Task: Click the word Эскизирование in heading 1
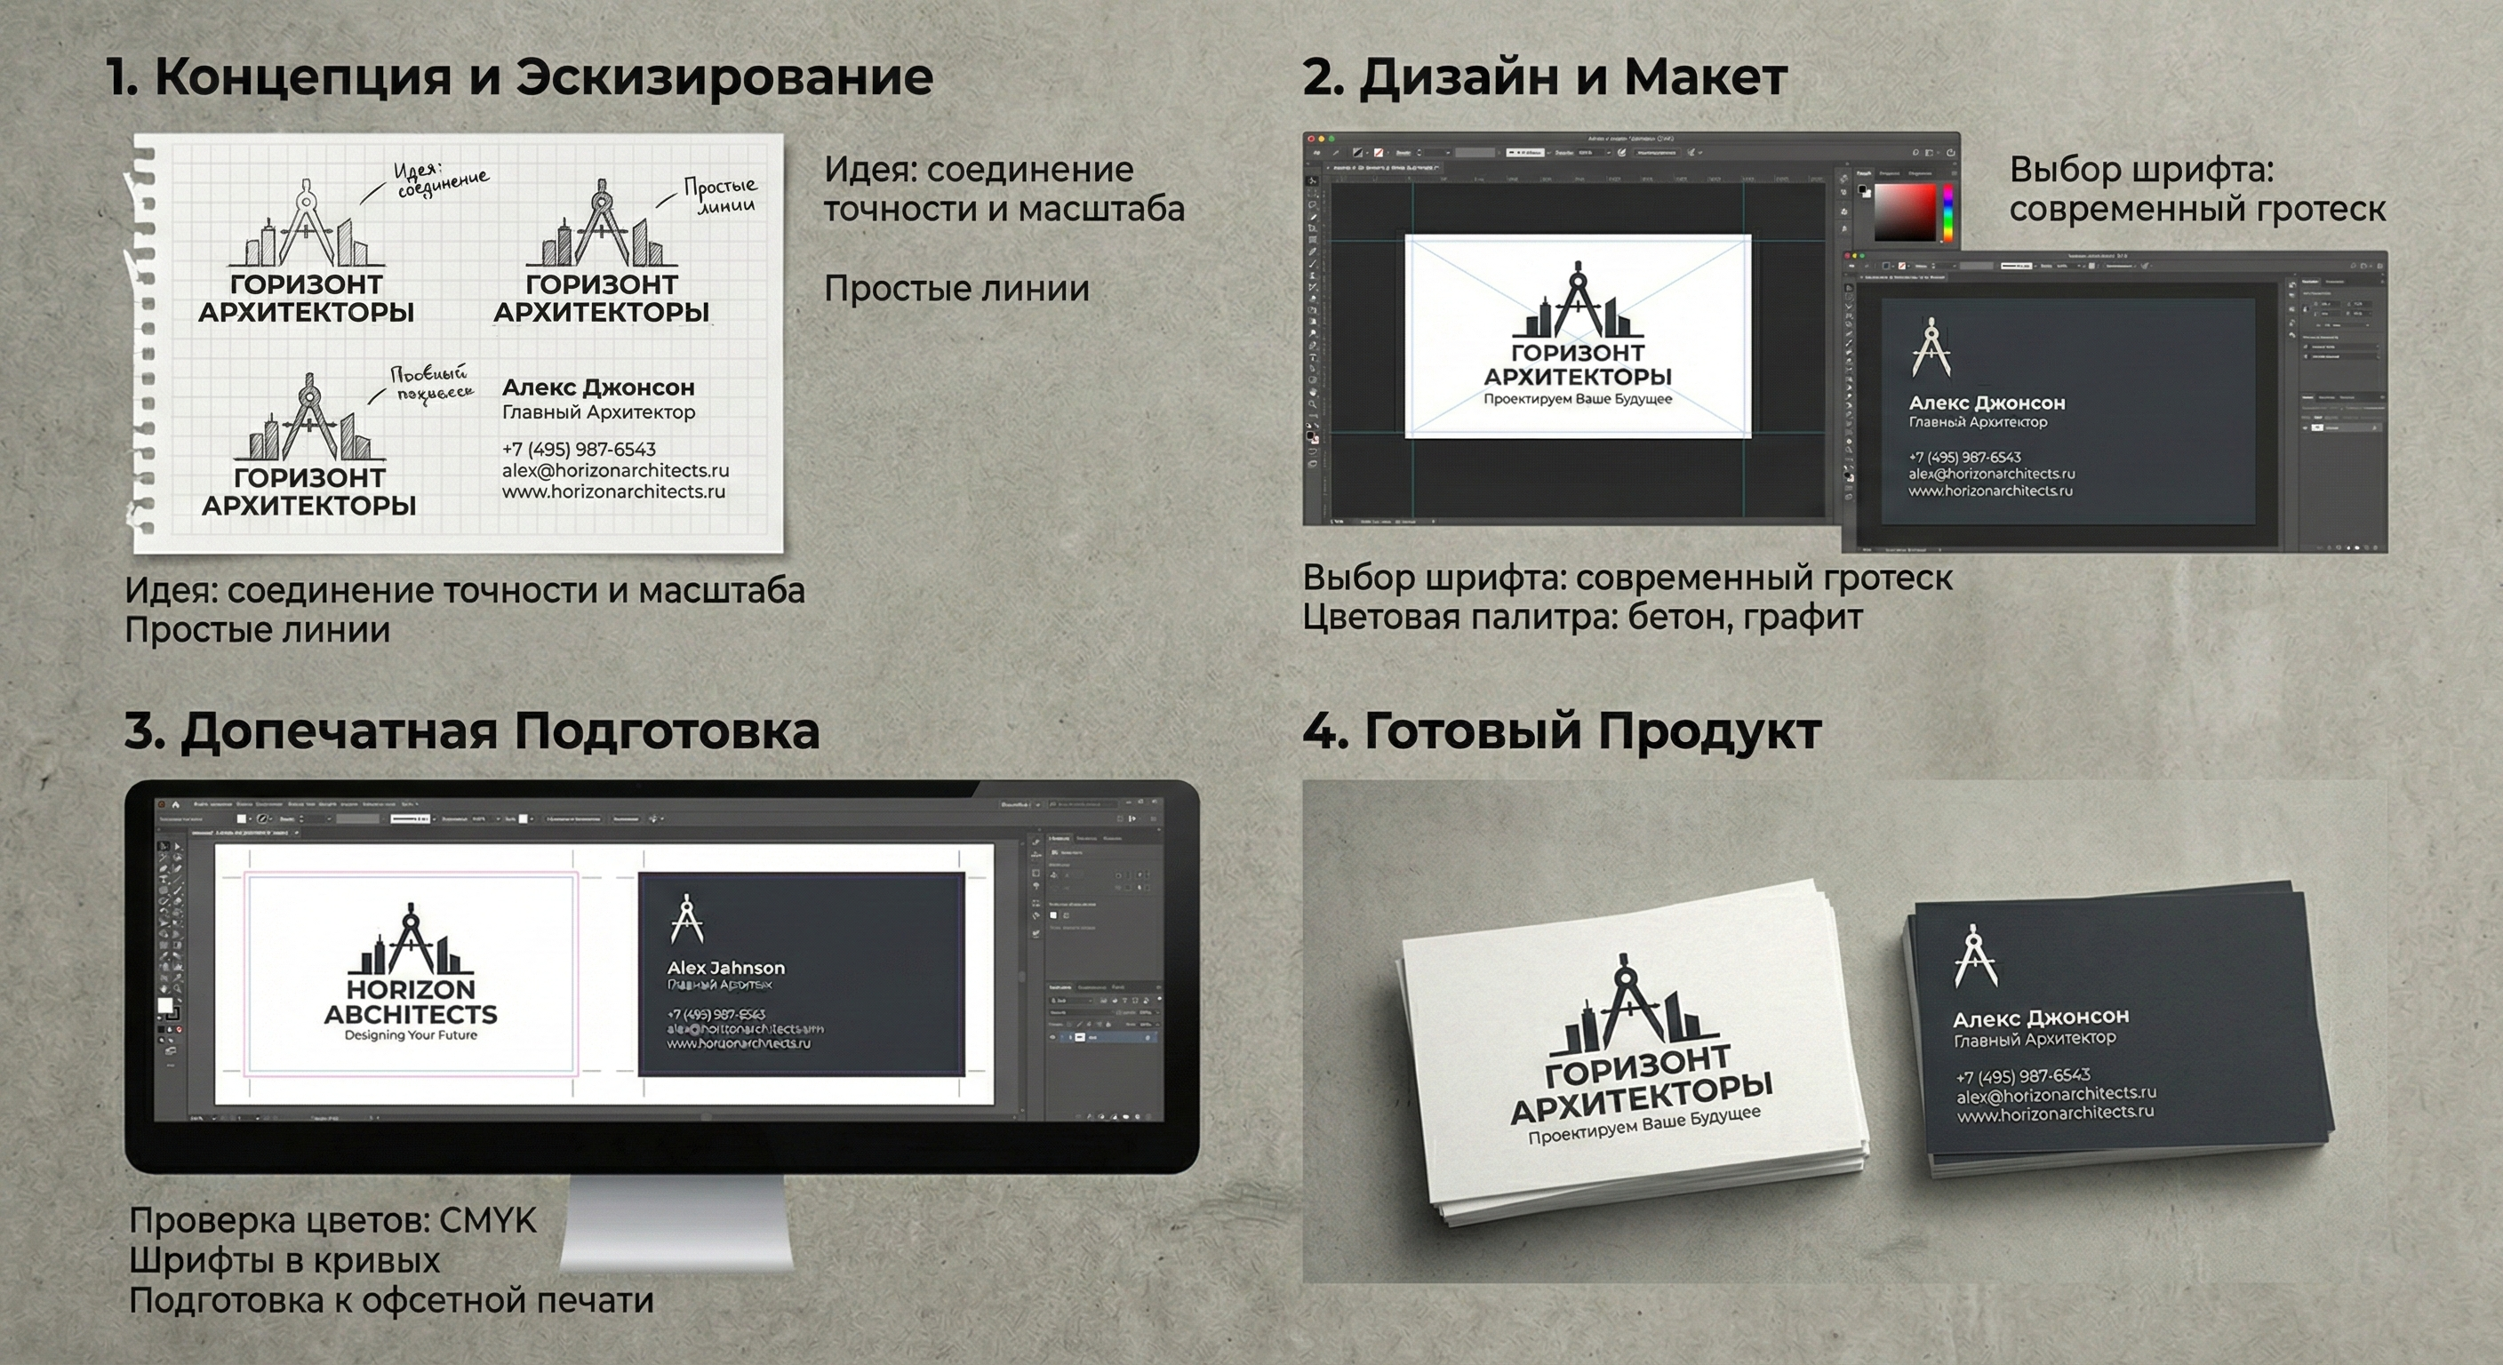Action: coord(723,77)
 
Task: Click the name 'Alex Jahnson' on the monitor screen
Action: coord(726,968)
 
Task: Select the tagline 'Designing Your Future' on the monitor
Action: coord(411,1035)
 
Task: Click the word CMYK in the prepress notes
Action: coord(488,1221)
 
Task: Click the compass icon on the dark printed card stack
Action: coord(1974,957)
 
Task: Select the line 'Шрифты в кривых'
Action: coord(284,1261)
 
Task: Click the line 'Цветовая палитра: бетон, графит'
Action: coord(1582,618)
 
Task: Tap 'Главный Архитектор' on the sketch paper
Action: coord(598,412)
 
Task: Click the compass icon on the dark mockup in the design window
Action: coord(1931,347)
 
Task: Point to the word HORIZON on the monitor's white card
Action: coord(411,990)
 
